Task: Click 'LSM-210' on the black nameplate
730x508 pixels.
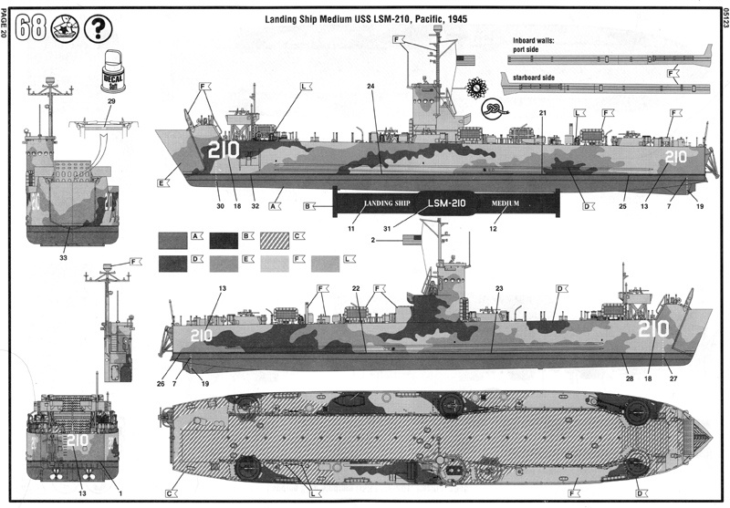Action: pyautogui.click(x=446, y=202)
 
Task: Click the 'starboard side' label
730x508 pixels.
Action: pyautogui.click(x=535, y=78)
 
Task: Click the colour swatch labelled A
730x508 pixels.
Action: pyautogui.click(x=171, y=240)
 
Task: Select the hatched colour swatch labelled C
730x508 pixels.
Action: pyautogui.click(x=273, y=240)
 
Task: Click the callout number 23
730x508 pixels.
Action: pyautogui.click(x=499, y=289)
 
